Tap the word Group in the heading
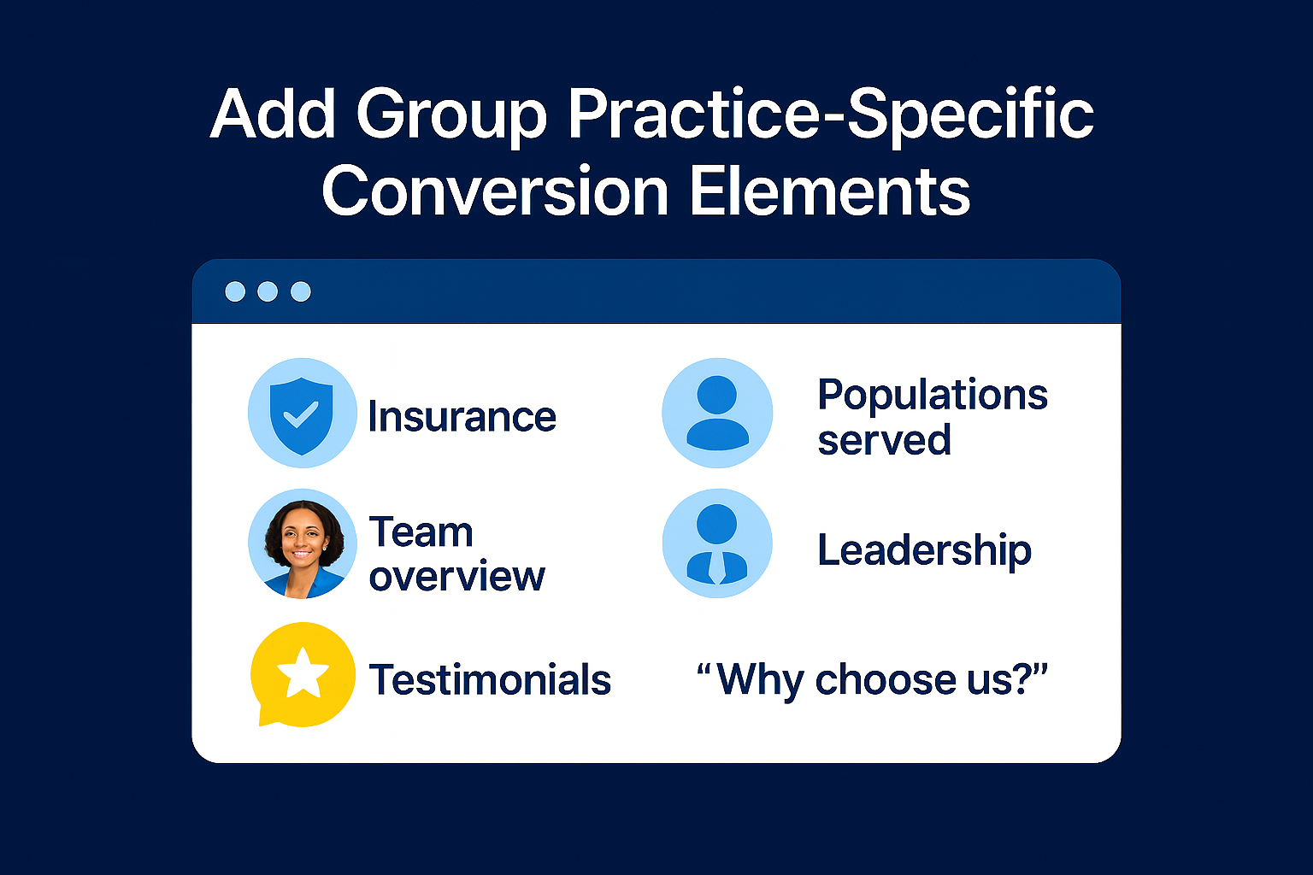[451, 115]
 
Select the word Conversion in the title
[495, 191]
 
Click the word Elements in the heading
[829, 191]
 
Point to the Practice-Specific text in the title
[830, 115]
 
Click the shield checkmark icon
[302, 414]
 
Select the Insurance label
[462, 417]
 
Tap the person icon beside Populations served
[717, 414]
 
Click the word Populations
[932, 395]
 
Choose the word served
[884, 440]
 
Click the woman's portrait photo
[303, 543]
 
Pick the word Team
[421, 532]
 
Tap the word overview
[456, 577]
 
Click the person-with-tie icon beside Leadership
[717, 543]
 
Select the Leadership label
[924, 550]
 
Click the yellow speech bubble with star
[303, 674]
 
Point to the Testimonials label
[490, 680]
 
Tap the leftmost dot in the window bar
[235, 291]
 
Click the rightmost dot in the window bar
[301, 291]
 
